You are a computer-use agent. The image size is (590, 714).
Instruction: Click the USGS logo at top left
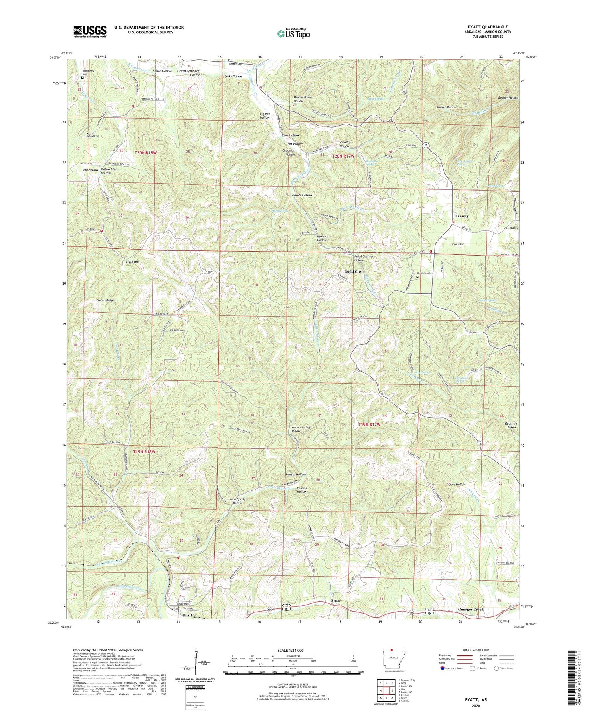point(90,32)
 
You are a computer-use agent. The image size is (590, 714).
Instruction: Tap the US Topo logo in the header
point(293,33)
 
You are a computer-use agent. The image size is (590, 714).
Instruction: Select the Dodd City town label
point(353,272)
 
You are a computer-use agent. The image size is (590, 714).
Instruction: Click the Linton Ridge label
point(105,300)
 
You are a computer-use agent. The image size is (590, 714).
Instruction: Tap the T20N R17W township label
point(343,156)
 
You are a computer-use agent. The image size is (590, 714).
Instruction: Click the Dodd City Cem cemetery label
point(425,273)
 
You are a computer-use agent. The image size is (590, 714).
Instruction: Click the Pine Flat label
point(457,245)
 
